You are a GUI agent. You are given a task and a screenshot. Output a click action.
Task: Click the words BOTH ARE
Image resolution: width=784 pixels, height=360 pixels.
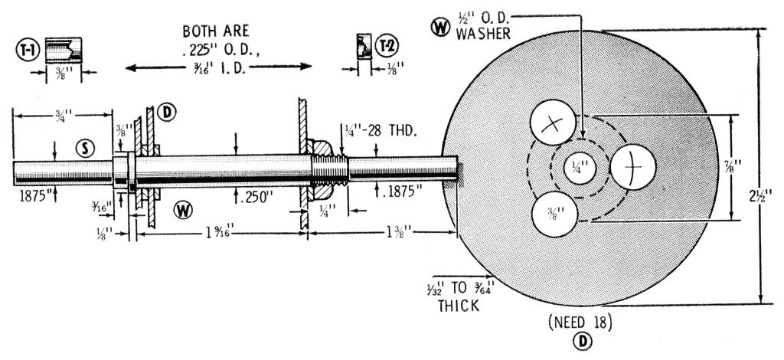pos(217,32)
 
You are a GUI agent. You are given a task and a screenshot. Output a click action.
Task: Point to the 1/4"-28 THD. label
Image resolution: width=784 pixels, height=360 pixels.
pos(380,131)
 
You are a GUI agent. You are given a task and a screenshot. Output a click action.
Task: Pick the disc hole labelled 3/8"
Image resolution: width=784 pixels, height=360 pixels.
pos(552,212)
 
